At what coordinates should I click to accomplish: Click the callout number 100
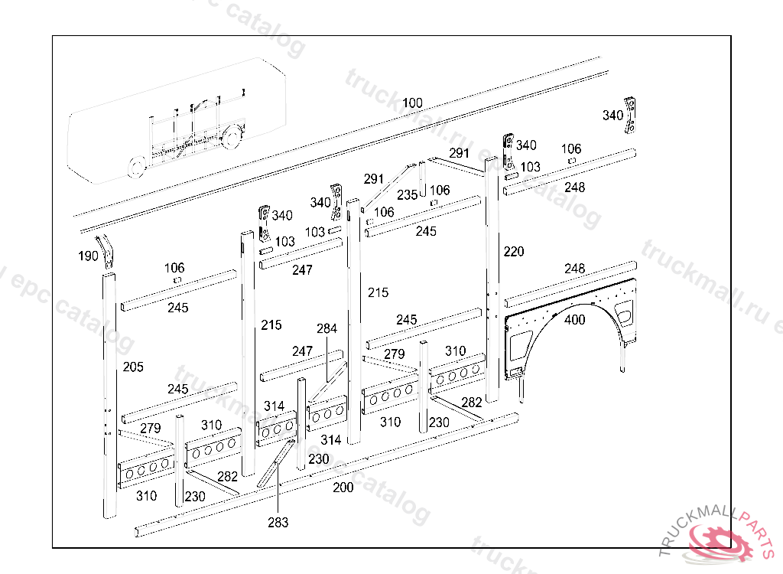point(412,103)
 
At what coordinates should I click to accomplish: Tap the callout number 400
point(575,320)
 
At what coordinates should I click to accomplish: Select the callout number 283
point(278,523)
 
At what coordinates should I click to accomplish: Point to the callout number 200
point(343,488)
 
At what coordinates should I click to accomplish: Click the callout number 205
point(133,367)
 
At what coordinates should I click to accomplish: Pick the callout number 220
point(514,251)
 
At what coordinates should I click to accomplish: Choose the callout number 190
point(89,256)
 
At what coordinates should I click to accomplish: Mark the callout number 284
point(327,329)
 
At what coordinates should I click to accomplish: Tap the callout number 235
point(407,195)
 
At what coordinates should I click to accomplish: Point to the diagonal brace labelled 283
point(276,463)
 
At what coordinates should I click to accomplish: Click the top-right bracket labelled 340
point(632,115)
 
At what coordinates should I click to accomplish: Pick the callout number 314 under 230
point(331,440)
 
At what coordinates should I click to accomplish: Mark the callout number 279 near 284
point(394,354)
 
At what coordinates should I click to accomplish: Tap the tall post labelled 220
point(492,276)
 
